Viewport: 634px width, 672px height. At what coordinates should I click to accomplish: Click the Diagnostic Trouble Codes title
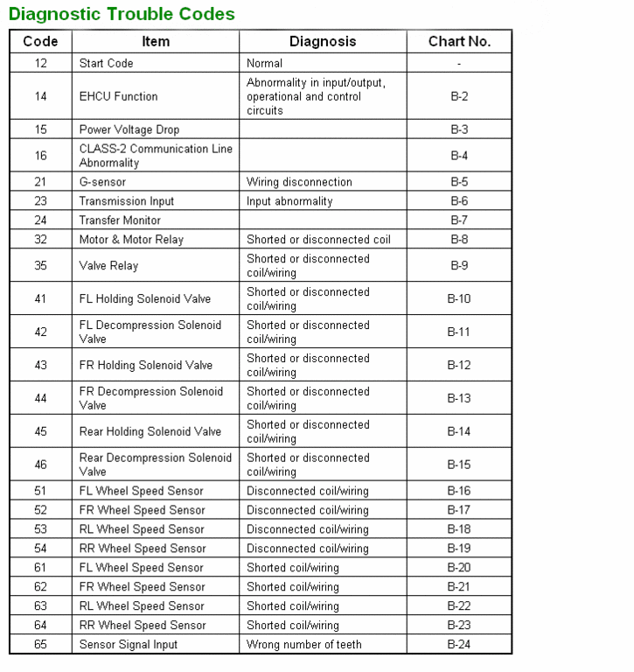(x=122, y=14)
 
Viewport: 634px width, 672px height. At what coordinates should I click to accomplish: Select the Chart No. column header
(x=459, y=41)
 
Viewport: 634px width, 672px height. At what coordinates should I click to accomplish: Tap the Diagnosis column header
(x=323, y=41)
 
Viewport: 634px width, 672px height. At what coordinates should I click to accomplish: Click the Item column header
(x=156, y=41)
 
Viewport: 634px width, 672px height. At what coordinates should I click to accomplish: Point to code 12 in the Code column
(x=41, y=63)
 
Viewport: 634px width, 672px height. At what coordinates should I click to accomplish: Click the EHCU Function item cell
(x=119, y=96)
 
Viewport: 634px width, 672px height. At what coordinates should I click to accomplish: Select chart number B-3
(x=459, y=129)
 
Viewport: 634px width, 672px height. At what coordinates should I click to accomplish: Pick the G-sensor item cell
(x=103, y=182)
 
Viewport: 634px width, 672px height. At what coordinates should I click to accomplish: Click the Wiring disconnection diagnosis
(x=299, y=182)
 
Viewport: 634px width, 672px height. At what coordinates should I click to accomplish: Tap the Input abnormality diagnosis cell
(x=289, y=201)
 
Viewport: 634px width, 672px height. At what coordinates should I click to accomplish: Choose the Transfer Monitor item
(x=120, y=220)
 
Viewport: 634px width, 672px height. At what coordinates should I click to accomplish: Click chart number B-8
(x=459, y=240)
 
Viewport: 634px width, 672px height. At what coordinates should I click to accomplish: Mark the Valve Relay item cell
(x=108, y=266)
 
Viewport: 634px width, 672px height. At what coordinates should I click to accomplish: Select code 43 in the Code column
(x=41, y=365)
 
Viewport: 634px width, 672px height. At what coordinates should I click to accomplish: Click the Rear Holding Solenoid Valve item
(x=150, y=431)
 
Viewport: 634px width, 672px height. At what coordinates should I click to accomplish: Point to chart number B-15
(x=459, y=465)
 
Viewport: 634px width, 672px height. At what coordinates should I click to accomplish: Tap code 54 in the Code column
(x=41, y=549)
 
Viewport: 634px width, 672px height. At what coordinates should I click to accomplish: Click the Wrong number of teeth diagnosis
(x=304, y=645)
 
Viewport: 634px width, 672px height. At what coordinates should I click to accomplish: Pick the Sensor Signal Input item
(x=129, y=645)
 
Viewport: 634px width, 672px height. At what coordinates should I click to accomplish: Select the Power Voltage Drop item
(x=129, y=129)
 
